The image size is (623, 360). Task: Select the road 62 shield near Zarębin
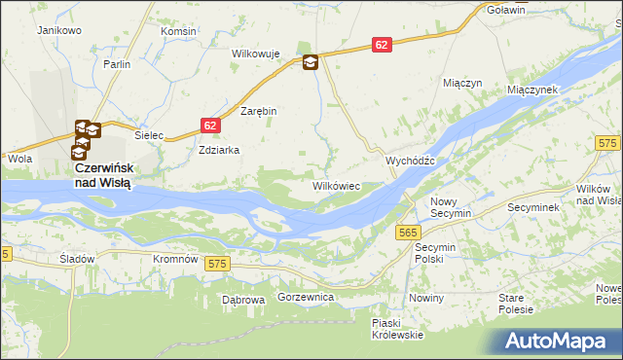211,126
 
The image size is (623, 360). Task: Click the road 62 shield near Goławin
383,45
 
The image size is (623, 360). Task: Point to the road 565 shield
408,232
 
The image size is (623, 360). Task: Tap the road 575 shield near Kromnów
216,264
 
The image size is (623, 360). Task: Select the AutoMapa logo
557,341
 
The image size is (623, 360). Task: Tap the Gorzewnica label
306,296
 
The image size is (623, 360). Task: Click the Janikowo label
58,31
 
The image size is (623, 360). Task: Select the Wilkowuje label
255,54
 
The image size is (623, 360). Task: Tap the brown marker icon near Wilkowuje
310,63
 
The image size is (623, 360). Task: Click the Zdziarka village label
219,151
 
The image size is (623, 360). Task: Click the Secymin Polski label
429,253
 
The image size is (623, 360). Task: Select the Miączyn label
462,84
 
